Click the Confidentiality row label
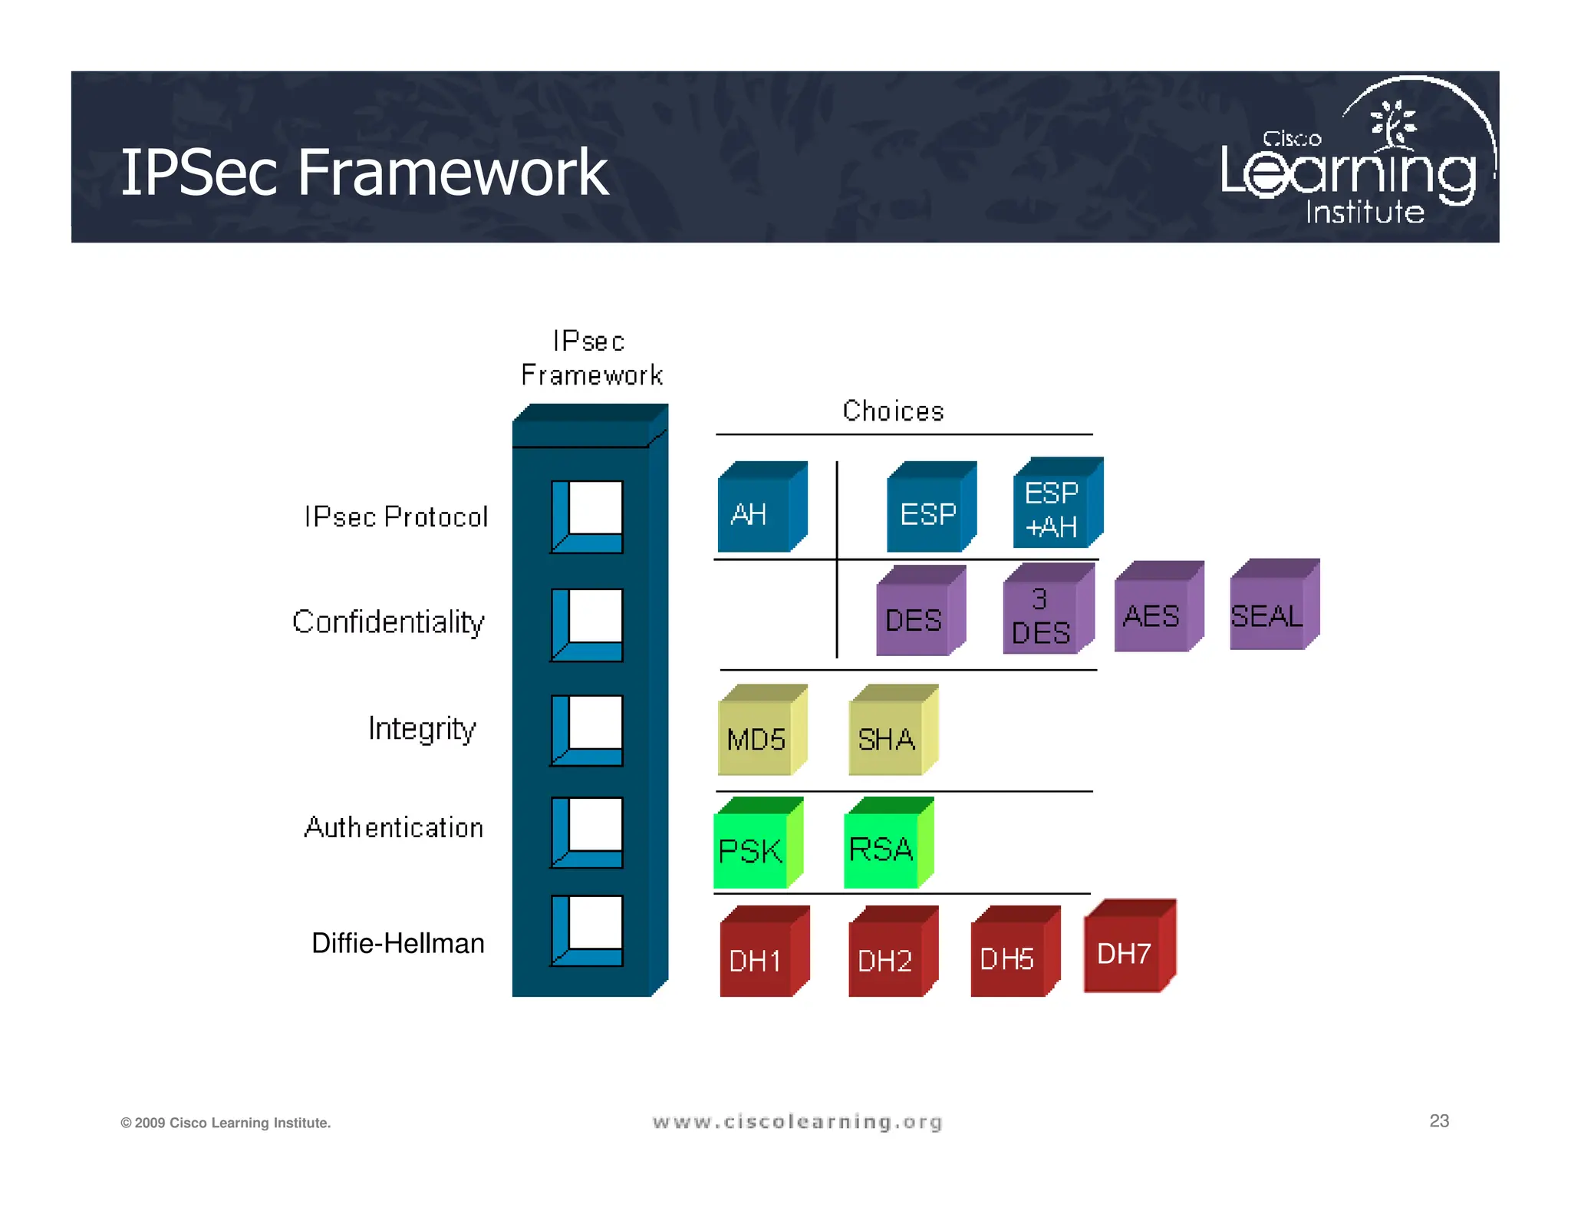(x=388, y=622)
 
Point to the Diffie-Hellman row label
(x=397, y=943)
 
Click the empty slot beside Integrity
(x=594, y=722)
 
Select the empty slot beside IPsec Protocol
(x=594, y=508)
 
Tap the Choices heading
(x=893, y=412)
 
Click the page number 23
(x=1438, y=1121)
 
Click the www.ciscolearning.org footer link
(x=797, y=1123)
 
